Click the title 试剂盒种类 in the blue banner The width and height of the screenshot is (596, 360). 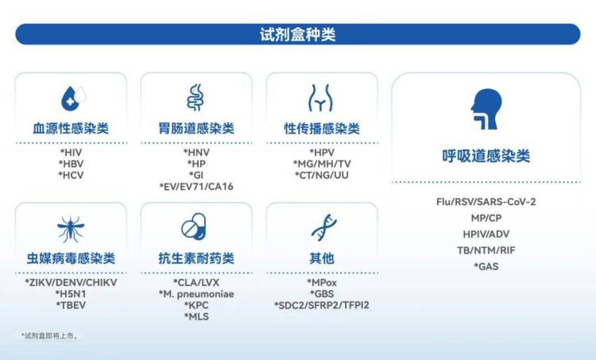[297, 35]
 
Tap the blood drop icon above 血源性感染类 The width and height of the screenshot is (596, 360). [72, 98]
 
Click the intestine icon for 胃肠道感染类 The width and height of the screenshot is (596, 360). [195, 97]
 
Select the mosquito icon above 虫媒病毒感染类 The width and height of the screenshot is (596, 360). [71, 229]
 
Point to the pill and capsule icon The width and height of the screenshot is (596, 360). [195, 228]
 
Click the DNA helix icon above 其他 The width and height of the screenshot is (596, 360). [321, 228]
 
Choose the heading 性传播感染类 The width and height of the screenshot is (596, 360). [321, 128]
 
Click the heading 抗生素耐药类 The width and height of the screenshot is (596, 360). [195, 258]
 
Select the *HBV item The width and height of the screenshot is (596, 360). [71, 164]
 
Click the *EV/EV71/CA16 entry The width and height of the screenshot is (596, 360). [195, 186]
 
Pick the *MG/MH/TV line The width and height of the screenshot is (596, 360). [321, 164]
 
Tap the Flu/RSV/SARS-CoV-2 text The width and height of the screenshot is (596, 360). [486, 202]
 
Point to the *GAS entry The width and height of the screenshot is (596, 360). [486, 266]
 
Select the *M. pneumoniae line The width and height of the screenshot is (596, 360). [195, 294]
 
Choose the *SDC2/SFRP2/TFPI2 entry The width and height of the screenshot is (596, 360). [321, 305]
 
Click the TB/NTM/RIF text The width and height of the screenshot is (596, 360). [486, 250]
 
